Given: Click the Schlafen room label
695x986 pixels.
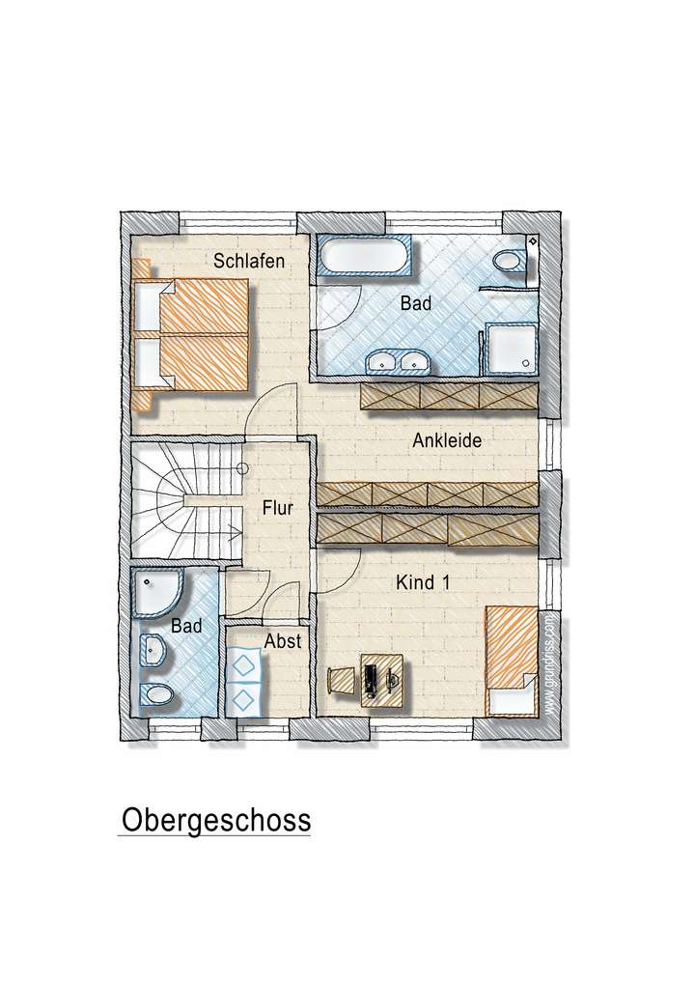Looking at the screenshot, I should (249, 261).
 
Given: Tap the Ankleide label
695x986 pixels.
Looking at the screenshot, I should (447, 441).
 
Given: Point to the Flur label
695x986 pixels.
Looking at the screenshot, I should (277, 505).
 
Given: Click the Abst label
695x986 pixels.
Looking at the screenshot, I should (282, 640).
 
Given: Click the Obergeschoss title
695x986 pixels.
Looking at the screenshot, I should (215, 821).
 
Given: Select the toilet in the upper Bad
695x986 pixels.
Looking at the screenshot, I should (506, 261).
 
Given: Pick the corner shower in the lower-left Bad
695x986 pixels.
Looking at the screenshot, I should (153, 591).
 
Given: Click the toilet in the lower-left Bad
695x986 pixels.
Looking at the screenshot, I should (156, 692).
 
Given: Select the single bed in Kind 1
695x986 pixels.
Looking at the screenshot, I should (512, 651).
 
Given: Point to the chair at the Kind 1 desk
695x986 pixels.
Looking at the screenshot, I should (342, 679).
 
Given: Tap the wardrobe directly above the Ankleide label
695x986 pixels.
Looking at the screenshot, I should (447, 395).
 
